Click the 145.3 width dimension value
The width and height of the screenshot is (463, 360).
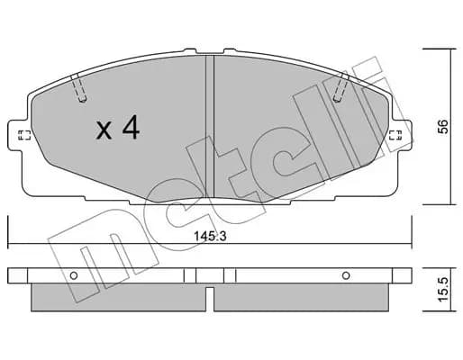[x=210, y=237]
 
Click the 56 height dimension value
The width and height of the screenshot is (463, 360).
[x=442, y=127]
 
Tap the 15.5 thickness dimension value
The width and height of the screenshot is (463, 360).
[x=442, y=290]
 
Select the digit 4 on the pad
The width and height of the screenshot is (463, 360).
[x=131, y=127]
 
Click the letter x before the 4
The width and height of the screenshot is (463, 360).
[x=104, y=131]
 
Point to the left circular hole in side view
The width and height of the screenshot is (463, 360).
[x=74, y=275]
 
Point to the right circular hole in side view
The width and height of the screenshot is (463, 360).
[x=346, y=275]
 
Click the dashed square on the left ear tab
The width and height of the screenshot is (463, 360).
[x=24, y=135]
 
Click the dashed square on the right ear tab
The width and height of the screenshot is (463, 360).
[x=395, y=135]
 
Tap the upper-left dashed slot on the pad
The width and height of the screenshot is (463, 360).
[x=78, y=87]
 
